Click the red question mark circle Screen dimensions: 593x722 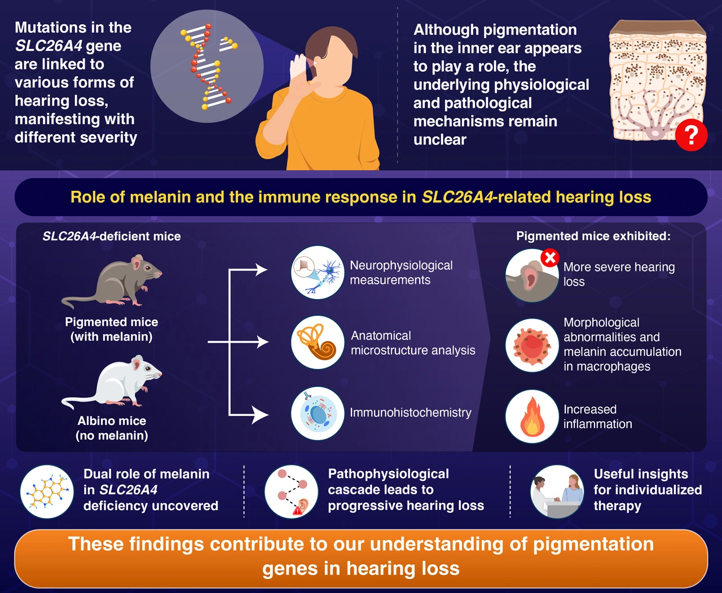coord(691,135)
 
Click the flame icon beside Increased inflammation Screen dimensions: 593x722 coord(532,416)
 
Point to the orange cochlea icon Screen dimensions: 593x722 coord(318,342)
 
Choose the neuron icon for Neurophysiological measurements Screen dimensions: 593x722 coord(318,272)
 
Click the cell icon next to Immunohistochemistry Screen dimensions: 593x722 coord(318,413)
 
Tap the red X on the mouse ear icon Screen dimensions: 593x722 coord(549,258)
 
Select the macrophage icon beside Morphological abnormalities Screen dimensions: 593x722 coord(532,345)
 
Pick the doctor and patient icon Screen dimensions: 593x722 coord(557,491)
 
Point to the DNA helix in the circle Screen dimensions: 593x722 coord(207,66)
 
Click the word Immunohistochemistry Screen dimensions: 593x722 coord(410,412)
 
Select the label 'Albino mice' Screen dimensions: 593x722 coord(112,421)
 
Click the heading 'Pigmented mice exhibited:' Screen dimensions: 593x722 coord(593,236)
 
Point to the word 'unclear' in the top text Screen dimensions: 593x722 coord(440,139)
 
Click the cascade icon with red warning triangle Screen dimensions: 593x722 coord(292,491)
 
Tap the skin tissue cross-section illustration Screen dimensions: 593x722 coord(657,79)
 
